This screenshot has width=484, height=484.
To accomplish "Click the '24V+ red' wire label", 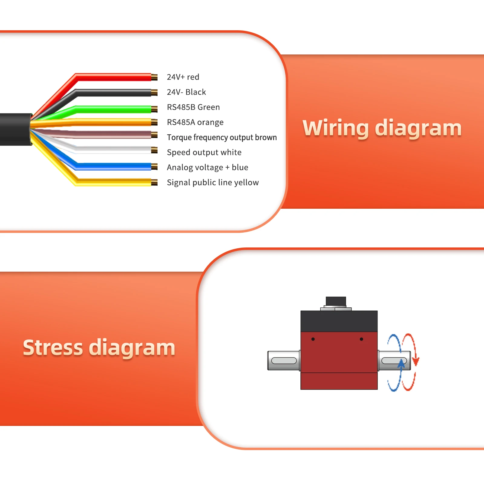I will (183, 77).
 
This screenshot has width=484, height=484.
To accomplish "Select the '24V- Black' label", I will (186, 92).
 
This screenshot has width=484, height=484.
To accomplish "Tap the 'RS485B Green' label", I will (193, 107).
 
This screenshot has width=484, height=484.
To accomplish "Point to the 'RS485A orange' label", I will (195, 123).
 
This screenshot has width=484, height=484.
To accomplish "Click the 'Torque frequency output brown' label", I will (222, 138).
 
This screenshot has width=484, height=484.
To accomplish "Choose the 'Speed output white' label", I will (204, 152).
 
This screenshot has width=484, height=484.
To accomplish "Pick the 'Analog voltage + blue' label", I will (208, 168).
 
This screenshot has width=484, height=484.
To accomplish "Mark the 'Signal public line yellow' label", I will (213, 183).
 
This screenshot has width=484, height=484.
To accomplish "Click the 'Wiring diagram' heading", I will (382, 128).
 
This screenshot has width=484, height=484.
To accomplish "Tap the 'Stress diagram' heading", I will (99, 348).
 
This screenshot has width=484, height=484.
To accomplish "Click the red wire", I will (115, 77).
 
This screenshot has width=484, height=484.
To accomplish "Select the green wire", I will (115, 109).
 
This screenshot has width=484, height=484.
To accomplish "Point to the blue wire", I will (115, 166).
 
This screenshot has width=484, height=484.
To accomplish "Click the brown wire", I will (115, 135).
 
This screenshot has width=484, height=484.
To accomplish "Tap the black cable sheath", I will (15, 129).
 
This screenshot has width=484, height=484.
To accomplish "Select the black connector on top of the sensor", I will (336, 301).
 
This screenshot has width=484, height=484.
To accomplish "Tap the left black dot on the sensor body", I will (313, 339).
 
